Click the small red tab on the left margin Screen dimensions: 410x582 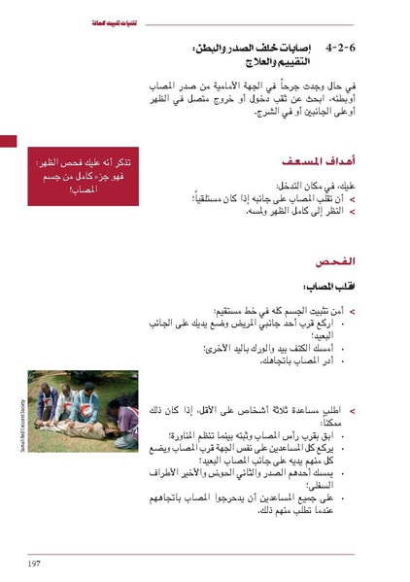tap(8, 141)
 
